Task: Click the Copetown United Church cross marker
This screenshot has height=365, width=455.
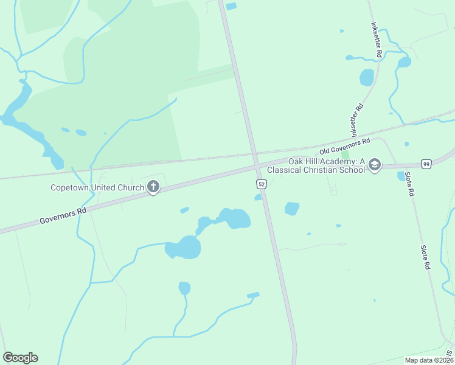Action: (153, 187)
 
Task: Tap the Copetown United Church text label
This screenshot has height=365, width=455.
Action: (97, 187)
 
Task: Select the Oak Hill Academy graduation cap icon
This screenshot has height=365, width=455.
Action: (374, 165)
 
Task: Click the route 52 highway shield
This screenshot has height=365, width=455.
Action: (260, 184)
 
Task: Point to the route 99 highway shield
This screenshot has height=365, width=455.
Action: (426, 164)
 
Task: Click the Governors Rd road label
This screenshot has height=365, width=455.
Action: (63, 215)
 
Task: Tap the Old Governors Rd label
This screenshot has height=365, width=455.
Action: (345, 146)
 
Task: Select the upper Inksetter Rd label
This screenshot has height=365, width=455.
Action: (376, 41)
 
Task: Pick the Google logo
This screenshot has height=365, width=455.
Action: (20, 358)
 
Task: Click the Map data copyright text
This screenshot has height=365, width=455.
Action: (429, 360)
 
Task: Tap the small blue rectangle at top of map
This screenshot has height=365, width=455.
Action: (231, 7)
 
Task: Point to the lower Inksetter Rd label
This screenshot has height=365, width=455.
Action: (356, 119)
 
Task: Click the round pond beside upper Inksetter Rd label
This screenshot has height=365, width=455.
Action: (366, 77)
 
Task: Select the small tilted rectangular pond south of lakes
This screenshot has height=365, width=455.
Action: (253, 296)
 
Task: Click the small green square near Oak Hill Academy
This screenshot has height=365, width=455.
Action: (345, 155)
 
